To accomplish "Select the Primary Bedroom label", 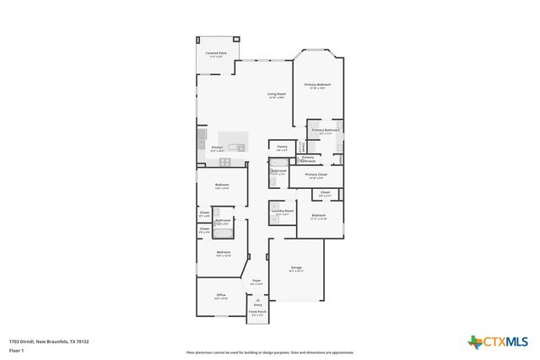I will (x=318, y=85).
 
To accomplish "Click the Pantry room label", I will (x=282, y=148).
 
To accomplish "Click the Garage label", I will (x=297, y=267).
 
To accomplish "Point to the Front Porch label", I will (x=257, y=312).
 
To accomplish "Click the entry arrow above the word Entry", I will (x=257, y=298).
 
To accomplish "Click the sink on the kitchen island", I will (x=240, y=148).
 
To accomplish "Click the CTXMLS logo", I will (x=498, y=341).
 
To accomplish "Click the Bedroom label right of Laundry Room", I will (x=318, y=216).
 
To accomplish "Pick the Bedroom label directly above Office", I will (x=224, y=252).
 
